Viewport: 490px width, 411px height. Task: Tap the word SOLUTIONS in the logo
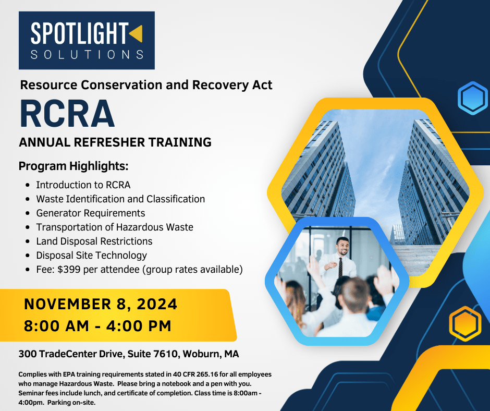87,54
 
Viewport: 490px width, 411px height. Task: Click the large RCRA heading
67,113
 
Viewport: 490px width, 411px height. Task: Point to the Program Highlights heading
73,166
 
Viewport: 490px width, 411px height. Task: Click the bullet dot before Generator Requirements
28,213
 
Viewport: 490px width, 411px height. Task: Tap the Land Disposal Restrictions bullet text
94,241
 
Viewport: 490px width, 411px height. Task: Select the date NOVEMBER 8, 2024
101,305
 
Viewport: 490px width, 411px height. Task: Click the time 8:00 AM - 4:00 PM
98,326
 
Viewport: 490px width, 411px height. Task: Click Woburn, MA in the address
211,354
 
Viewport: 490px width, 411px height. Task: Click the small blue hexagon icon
473,98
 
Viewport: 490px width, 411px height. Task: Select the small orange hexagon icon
465,323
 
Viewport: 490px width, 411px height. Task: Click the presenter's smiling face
342,247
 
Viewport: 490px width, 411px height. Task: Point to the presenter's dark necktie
340,267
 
